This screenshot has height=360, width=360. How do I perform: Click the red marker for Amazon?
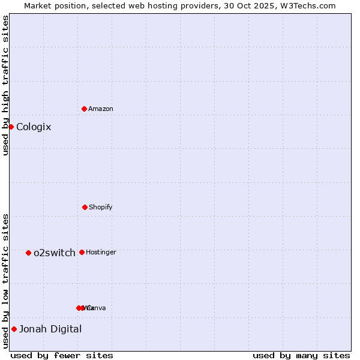click(x=84, y=109)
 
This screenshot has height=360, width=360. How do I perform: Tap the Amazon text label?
click(x=101, y=109)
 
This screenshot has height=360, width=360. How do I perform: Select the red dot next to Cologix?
click(x=11, y=127)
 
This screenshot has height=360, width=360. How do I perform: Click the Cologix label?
click(x=34, y=127)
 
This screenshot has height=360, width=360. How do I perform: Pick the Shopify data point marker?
click(x=85, y=207)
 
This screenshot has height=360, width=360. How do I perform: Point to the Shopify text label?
click(x=101, y=207)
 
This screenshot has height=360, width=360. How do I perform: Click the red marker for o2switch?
click(x=28, y=253)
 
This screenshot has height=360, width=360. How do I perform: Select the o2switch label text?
click(x=55, y=253)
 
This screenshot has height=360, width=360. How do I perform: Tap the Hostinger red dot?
click(x=82, y=252)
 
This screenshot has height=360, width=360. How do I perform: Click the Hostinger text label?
click(x=101, y=252)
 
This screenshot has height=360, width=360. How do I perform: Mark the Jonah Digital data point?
click(x=14, y=329)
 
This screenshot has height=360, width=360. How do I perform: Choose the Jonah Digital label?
click(x=50, y=329)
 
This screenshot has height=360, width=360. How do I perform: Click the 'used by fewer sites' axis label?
click(x=62, y=355)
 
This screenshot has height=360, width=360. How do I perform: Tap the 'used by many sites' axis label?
click(x=301, y=355)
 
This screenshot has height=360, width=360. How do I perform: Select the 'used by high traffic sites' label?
click(x=5, y=85)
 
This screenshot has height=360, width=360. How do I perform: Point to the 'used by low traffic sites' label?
click(x=5, y=281)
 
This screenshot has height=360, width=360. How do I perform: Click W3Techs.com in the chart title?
click(x=310, y=5)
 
